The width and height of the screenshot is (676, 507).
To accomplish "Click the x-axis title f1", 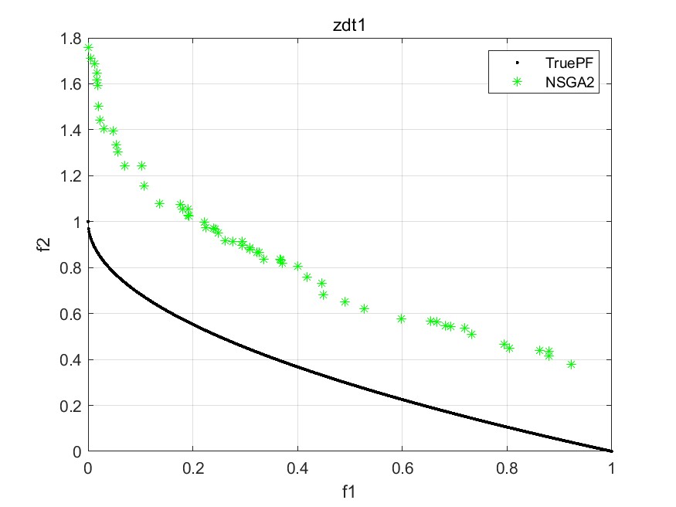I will click(x=349, y=491).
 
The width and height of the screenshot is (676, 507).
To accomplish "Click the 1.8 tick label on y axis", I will click(x=72, y=38).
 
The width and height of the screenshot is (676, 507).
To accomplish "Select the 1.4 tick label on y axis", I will click(x=72, y=130).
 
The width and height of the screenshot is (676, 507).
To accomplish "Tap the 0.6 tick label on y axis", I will click(x=72, y=314).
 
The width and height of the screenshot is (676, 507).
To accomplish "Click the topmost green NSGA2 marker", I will click(x=88, y=48).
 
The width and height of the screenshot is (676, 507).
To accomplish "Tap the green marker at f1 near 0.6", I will click(x=401, y=318).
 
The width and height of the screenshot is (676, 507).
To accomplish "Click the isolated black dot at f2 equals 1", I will click(x=88, y=222).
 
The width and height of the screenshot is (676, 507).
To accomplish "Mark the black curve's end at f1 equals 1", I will click(x=611, y=451).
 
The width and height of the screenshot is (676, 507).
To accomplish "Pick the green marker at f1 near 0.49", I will click(x=345, y=301).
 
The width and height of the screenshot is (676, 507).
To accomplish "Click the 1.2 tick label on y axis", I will click(x=72, y=176).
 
